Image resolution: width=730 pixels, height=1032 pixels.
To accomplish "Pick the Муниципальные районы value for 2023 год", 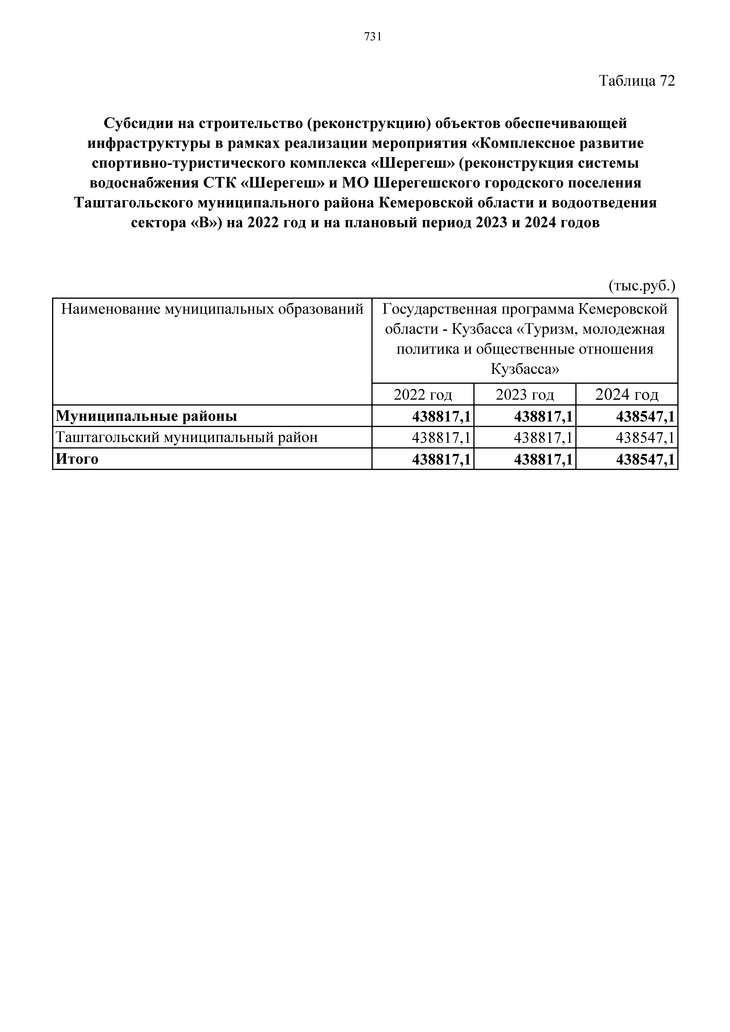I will coord(543,416).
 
